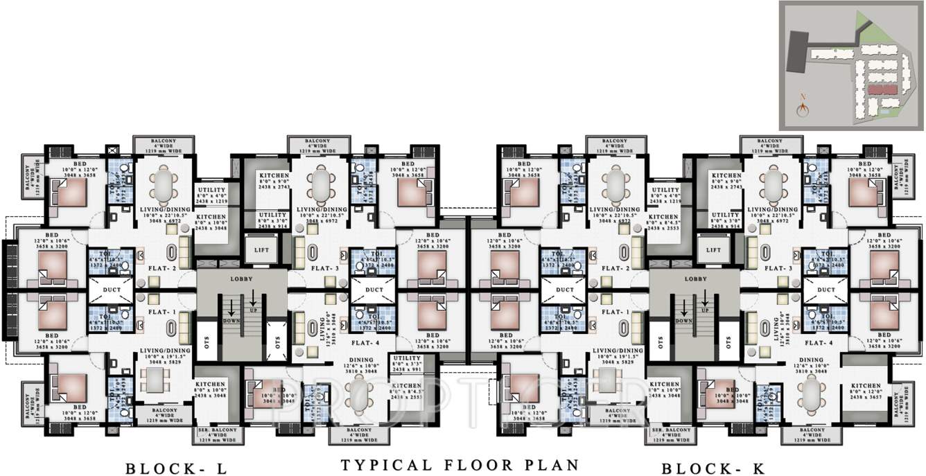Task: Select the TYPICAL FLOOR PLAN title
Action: [460, 464]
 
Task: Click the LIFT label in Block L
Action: [262, 250]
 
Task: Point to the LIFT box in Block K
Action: [714, 250]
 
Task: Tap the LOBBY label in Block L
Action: [241, 279]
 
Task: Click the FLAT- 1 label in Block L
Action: [161, 312]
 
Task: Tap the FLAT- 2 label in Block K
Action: [614, 267]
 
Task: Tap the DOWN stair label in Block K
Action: [683, 321]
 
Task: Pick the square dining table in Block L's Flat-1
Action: [152, 379]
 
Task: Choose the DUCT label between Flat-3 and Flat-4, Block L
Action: [374, 290]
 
